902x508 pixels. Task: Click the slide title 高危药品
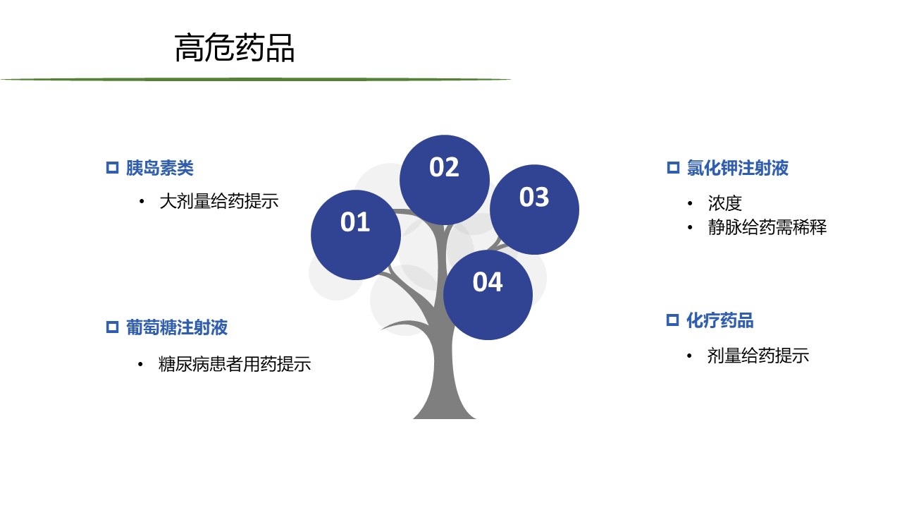click(x=235, y=47)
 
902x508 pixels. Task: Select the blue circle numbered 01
click(x=356, y=235)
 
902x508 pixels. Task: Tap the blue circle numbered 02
click(x=445, y=180)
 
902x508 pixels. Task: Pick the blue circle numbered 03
click(x=534, y=210)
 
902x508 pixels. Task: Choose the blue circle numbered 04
click(x=488, y=295)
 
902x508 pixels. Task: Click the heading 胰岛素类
click(x=160, y=168)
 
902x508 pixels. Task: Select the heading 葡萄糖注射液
click(x=177, y=327)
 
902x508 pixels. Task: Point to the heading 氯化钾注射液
click(x=738, y=168)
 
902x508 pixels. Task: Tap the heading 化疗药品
click(x=720, y=320)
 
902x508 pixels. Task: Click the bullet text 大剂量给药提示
click(x=219, y=201)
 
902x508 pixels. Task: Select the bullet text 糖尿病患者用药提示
click(x=235, y=364)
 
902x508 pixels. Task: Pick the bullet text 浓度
click(x=725, y=203)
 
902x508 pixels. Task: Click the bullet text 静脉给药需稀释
click(x=767, y=227)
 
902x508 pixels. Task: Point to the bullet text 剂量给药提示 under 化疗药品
click(x=758, y=356)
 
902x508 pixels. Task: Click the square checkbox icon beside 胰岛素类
click(x=112, y=168)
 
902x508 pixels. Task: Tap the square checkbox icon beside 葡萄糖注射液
click(x=112, y=327)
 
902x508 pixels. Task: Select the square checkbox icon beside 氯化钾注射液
click(x=673, y=168)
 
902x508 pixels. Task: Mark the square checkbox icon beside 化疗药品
click(x=672, y=320)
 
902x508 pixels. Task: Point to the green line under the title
click(x=256, y=80)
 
